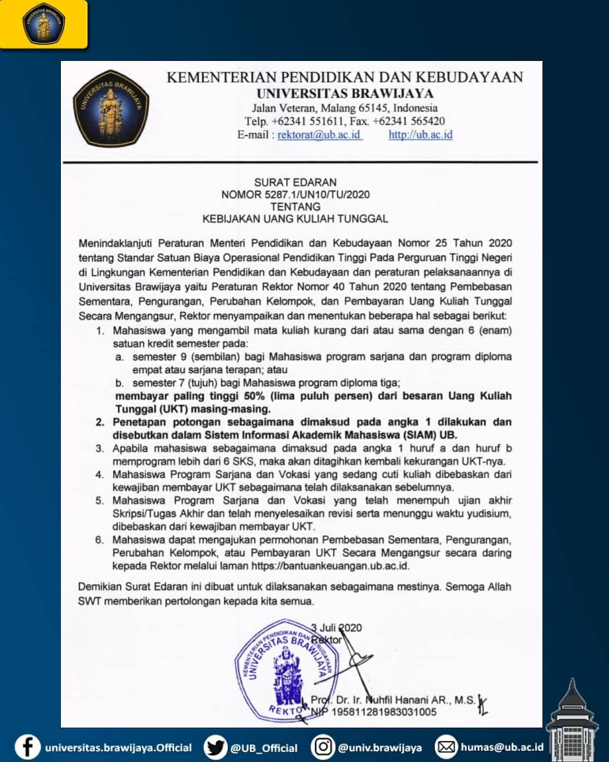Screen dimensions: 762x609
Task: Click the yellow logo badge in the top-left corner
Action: coord(43,24)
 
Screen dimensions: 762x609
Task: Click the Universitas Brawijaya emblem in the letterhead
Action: coord(111,108)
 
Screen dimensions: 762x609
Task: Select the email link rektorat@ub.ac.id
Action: coord(319,135)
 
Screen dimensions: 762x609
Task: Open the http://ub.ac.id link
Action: coord(420,135)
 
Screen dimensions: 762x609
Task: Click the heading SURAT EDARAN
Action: coord(295,182)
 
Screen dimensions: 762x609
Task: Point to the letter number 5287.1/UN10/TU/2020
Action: coord(317,195)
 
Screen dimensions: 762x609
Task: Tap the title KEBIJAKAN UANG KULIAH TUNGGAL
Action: coord(295,218)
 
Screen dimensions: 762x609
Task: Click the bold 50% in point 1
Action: coord(254,396)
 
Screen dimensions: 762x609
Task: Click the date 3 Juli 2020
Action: coord(337,628)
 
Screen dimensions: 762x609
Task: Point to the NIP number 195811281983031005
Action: coord(383,712)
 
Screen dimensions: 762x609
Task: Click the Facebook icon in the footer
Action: coord(27,747)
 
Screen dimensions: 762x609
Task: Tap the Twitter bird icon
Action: coord(215,747)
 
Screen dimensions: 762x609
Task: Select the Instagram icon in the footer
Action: coord(323,747)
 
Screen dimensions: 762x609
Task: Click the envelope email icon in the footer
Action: coord(446,747)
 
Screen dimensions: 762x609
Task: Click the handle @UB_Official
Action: coord(263,748)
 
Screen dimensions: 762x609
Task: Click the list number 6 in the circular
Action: coord(99,540)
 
